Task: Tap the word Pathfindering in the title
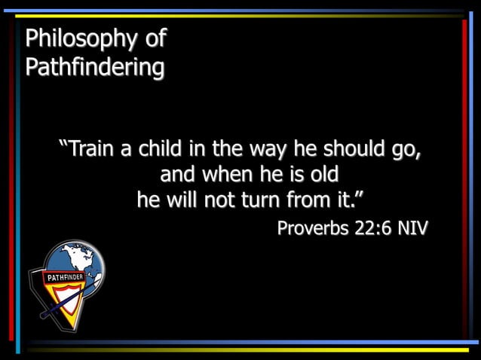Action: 94,67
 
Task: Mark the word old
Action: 322,175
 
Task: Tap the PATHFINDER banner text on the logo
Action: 65,278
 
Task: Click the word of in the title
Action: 155,38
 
